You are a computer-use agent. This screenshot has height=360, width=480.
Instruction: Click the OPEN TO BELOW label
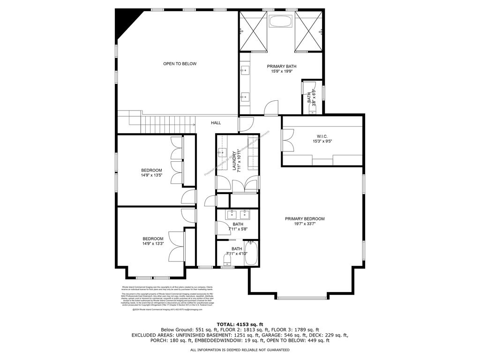click(x=180, y=64)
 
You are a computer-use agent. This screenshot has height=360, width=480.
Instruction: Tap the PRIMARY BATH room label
click(x=282, y=67)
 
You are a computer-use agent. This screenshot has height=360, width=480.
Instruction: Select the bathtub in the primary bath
click(x=281, y=22)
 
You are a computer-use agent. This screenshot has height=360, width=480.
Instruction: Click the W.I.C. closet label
click(x=322, y=136)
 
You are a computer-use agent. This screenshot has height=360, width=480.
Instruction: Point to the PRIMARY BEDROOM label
click(x=305, y=219)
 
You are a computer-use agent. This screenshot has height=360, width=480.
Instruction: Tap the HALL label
click(x=216, y=123)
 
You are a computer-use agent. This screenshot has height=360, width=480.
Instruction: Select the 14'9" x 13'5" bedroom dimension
click(x=151, y=175)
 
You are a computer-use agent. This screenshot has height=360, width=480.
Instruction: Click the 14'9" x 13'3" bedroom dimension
click(x=153, y=244)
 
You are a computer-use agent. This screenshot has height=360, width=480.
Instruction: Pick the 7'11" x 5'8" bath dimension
click(x=238, y=229)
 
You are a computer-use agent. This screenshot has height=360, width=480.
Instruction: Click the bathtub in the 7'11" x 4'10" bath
click(x=252, y=254)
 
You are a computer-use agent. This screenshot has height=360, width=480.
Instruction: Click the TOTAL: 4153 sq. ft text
click(x=240, y=324)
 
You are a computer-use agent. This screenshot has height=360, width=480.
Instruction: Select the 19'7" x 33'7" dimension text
click(x=305, y=224)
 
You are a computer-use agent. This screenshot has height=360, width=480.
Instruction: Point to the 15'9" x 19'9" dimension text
click(x=282, y=72)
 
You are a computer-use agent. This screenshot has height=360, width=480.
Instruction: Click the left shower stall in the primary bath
click(x=253, y=30)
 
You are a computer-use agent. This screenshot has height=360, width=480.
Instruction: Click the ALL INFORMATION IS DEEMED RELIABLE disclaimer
click(x=240, y=350)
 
